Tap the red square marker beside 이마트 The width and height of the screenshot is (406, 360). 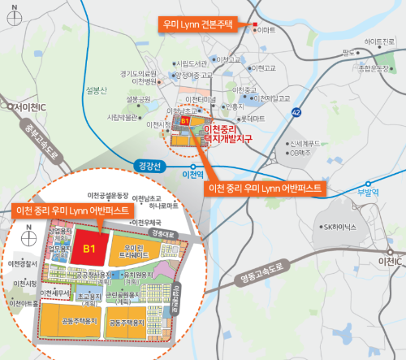point(254,24)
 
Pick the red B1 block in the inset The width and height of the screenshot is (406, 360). point(89,247)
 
